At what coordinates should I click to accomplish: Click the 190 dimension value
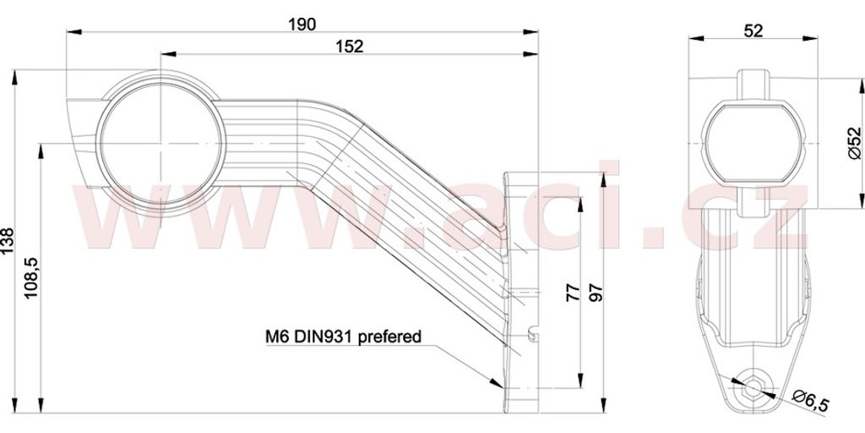302,25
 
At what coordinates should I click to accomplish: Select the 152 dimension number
350,47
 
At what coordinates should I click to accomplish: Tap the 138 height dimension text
8,241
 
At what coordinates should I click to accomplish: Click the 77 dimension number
573,292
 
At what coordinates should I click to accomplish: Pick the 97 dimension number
596,292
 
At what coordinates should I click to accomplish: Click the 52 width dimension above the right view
753,30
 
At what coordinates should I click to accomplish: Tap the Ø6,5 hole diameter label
810,400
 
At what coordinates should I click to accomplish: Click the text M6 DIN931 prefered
343,337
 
